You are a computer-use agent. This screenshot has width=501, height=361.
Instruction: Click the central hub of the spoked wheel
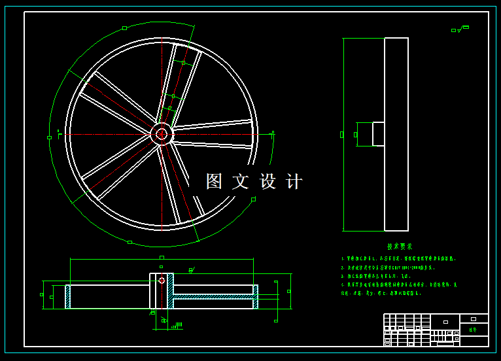162,134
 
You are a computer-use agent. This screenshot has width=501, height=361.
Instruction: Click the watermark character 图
215,181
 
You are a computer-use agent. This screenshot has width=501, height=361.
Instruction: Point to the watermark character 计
294,181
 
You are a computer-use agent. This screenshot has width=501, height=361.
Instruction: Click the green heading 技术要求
400,247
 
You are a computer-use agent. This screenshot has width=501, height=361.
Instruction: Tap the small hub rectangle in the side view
378,134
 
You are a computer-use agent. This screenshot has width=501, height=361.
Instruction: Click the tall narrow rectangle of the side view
396,134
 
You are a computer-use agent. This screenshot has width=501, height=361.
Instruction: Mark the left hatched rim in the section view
67,296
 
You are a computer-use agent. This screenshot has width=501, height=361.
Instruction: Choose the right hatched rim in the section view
256,296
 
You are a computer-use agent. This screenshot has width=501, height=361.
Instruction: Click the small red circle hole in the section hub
162,281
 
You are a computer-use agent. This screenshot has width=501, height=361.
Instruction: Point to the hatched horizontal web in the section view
213,296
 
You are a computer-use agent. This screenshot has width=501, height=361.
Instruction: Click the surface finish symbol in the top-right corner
460,29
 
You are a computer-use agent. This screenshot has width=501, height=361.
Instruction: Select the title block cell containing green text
474,330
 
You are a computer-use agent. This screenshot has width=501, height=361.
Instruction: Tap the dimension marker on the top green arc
124,27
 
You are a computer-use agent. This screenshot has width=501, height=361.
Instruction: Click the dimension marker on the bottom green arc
130,242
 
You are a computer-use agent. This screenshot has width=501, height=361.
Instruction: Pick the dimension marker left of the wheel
49,137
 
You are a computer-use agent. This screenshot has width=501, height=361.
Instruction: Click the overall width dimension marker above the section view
162,258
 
